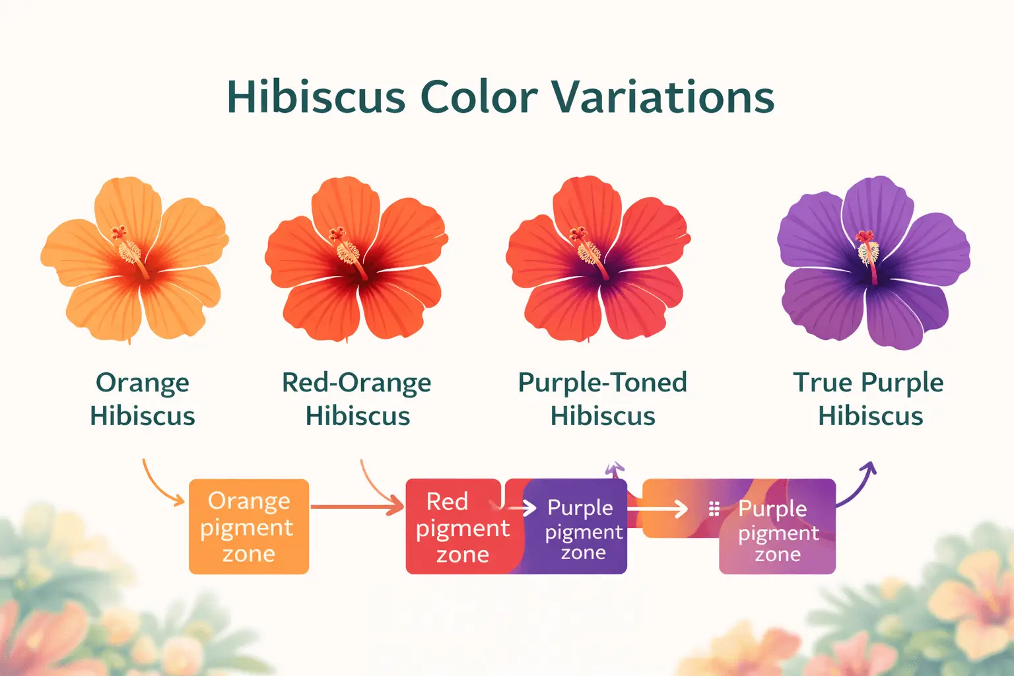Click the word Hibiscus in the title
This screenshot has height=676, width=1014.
[x=316, y=97]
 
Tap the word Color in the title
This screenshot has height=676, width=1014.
[x=479, y=97]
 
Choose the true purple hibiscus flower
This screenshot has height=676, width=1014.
[x=873, y=262]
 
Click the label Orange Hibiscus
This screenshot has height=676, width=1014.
[x=143, y=399]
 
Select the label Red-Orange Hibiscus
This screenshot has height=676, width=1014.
[x=356, y=399]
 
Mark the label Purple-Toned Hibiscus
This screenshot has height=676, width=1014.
[x=602, y=399]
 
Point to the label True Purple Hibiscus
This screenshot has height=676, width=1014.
[x=869, y=399]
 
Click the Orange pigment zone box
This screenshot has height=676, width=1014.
[x=249, y=527]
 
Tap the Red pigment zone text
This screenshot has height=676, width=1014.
[x=462, y=527]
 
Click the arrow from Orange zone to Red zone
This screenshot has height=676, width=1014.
[x=356, y=507]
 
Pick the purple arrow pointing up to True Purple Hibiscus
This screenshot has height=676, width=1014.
[x=858, y=485]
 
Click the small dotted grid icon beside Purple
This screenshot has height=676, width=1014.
[x=714, y=508]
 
